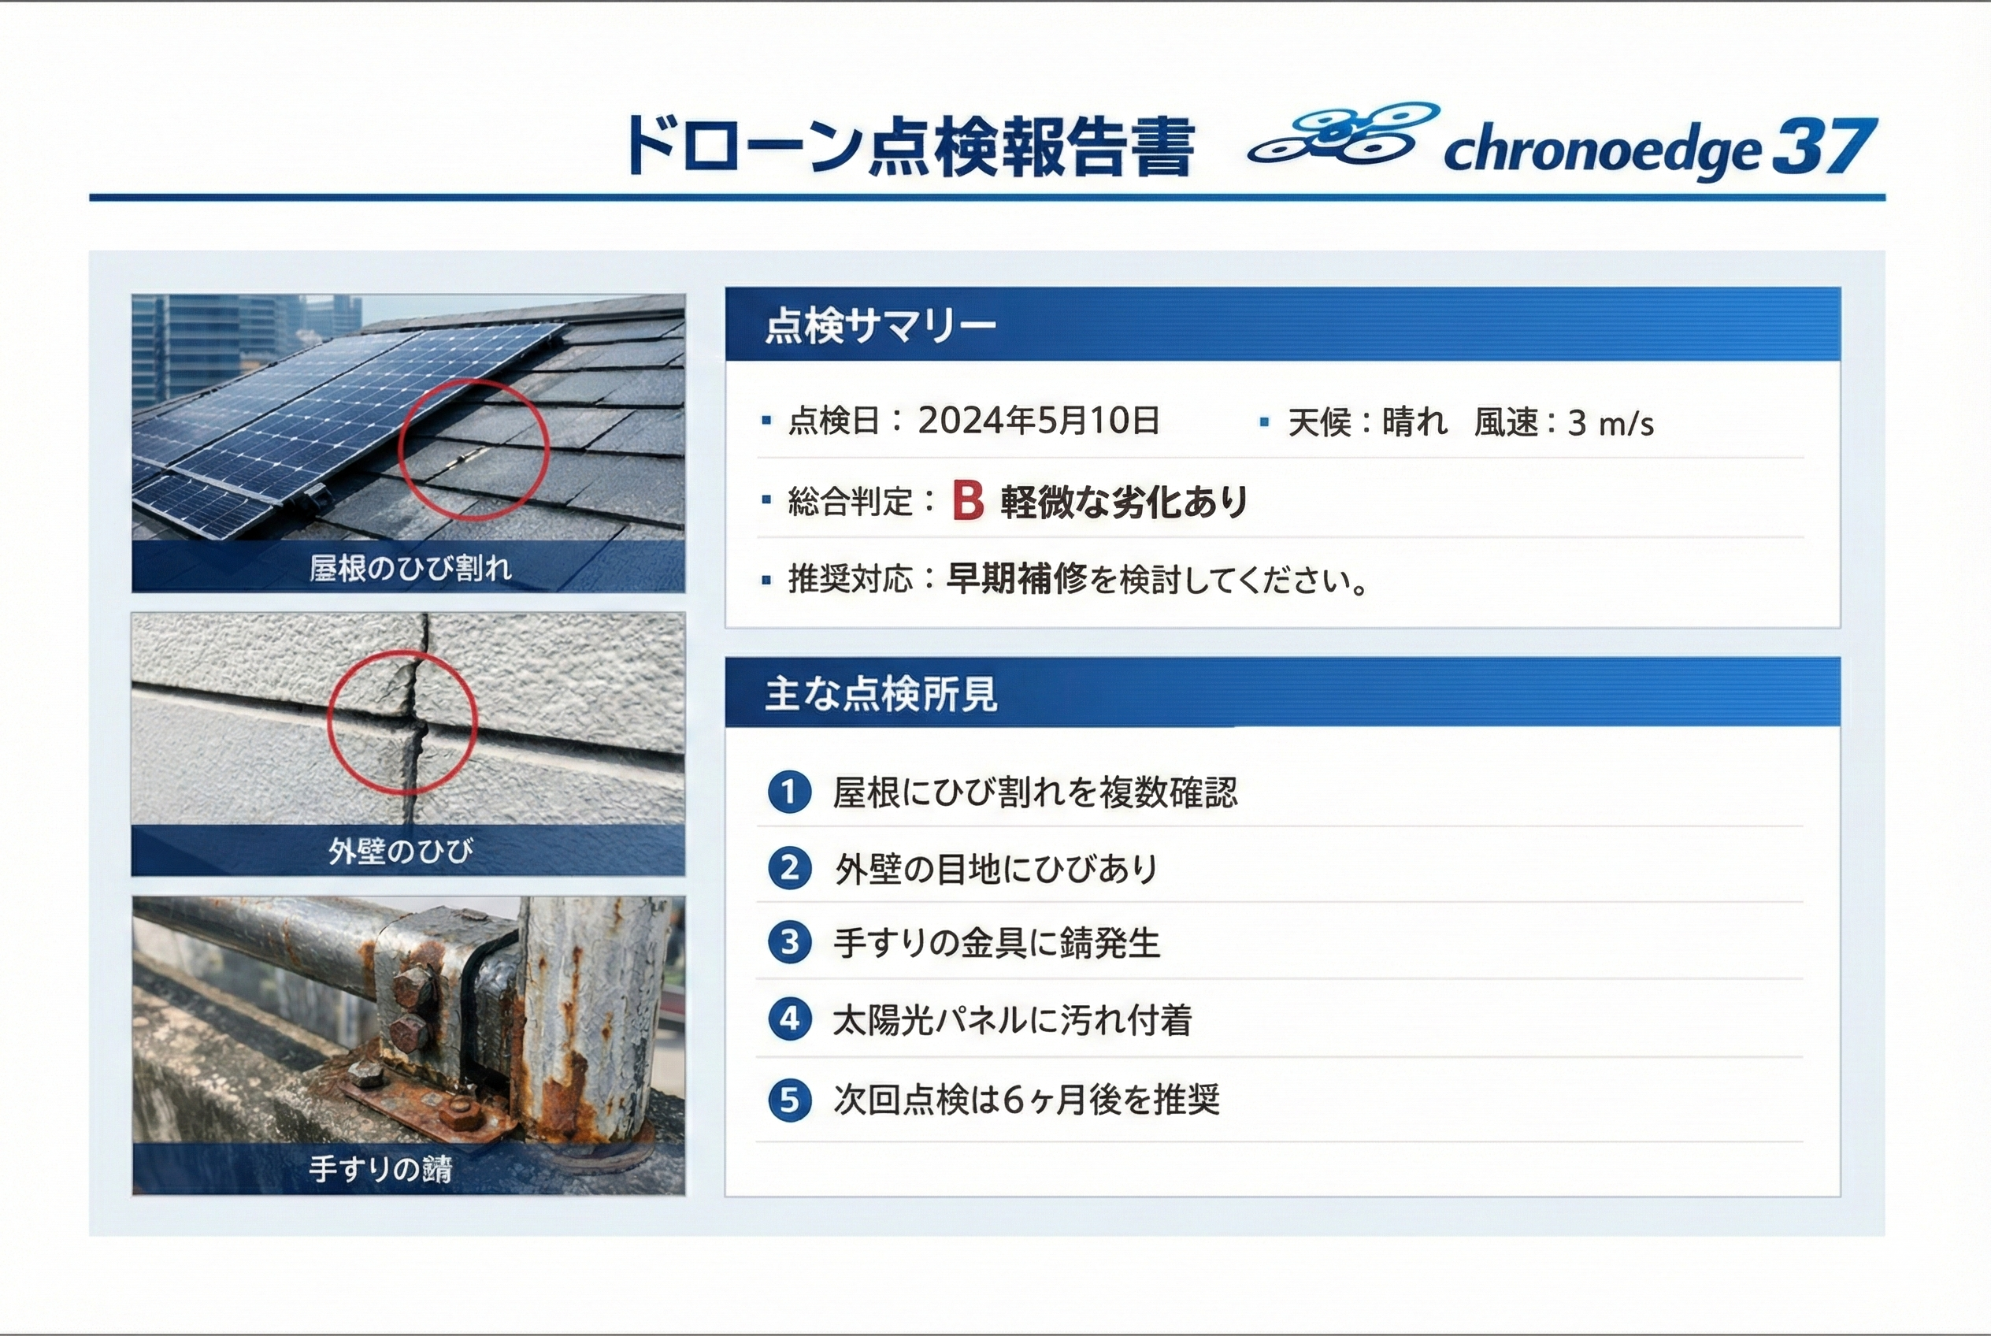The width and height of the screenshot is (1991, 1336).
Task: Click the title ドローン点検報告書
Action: (x=909, y=147)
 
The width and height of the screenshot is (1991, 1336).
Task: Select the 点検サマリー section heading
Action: (x=880, y=325)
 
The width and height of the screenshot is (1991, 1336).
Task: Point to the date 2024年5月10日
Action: (x=1038, y=420)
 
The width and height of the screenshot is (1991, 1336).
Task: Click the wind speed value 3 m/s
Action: (x=1610, y=422)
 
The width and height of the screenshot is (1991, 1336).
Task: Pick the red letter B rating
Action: (x=968, y=500)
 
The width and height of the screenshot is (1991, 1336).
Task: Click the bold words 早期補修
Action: (x=1018, y=580)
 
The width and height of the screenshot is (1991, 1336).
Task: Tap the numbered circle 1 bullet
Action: (x=789, y=792)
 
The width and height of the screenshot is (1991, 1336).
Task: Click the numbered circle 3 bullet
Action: (x=789, y=942)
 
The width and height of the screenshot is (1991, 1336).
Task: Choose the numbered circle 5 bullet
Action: (x=789, y=1100)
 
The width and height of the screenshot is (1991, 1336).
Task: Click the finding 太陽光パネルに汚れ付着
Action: (x=1012, y=1020)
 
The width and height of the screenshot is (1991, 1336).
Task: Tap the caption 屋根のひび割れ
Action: (x=410, y=567)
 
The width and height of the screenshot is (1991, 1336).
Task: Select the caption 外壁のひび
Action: (x=400, y=850)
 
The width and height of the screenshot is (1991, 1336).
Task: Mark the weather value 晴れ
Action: (x=1414, y=421)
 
